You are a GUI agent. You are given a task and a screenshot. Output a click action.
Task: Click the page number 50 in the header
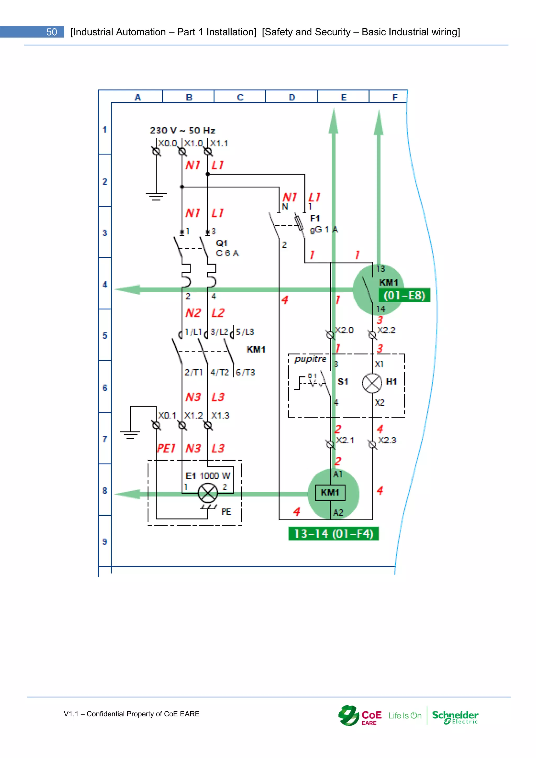click(52, 32)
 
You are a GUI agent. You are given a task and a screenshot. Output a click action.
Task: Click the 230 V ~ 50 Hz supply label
click(182, 130)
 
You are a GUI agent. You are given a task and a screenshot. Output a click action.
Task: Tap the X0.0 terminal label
click(168, 143)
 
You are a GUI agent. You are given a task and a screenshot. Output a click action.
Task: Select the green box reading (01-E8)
click(404, 295)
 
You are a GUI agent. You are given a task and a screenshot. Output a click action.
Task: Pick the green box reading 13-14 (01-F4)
click(333, 533)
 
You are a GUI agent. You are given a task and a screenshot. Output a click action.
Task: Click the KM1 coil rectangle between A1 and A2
click(330, 493)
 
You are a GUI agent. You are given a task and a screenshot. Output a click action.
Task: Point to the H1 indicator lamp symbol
click(372, 383)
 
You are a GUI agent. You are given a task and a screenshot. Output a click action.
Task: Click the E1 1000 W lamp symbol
click(208, 493)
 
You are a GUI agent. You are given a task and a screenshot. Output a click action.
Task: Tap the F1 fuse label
click(315, 219)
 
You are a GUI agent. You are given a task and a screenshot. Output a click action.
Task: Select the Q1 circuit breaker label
click(222, 243)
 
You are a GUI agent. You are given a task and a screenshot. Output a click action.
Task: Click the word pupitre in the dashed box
click(310, 359)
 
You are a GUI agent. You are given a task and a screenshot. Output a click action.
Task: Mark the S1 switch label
click(343, 382)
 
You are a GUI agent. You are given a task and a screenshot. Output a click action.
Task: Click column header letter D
click(292, 97)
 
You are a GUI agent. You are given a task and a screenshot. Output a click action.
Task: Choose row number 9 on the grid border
click(105, 542)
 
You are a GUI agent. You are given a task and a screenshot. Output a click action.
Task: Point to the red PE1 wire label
click(166, 448)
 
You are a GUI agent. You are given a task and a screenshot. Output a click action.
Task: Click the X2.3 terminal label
click(387, 440)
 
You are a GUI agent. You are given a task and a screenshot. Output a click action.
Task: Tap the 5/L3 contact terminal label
click(245, 332)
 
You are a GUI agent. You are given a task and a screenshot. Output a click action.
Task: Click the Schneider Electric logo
click(455, 717)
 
